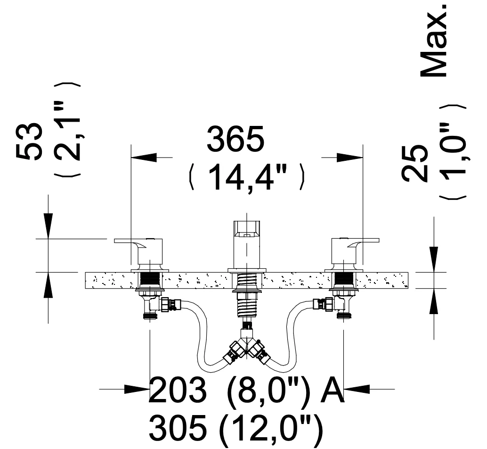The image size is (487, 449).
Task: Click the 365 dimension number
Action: [x=235, y=139]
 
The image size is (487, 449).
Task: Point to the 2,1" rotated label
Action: [x=67, y=130]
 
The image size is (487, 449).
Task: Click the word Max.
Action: [x=434, y=41]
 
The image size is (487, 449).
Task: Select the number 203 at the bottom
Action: [x=178, y=390]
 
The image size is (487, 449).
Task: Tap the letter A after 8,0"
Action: [x=333, y=390]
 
